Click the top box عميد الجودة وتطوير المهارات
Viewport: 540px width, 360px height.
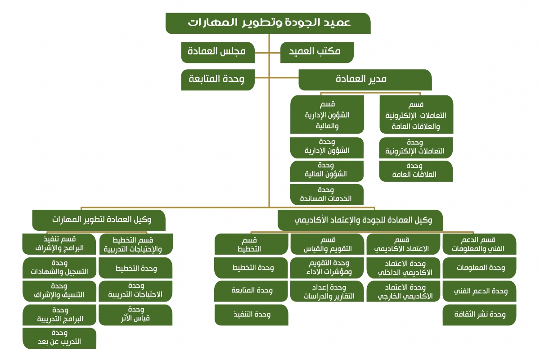click(x=268, y=23)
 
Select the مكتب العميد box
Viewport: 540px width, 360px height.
click(x=317, y=52)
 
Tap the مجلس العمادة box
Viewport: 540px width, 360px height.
click(x=218, y=52)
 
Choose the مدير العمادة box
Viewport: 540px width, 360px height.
click(x=365, y=80)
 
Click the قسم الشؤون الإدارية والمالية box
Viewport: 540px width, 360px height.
click(x=327, y=114)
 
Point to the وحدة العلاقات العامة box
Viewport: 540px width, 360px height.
click(x=416, y=171)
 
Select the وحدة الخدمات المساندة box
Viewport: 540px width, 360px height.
click(x=327, y=194)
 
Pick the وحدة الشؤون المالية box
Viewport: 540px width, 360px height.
click(x=327, y=171)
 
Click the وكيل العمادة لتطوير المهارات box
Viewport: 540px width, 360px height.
click(x=99, y=220)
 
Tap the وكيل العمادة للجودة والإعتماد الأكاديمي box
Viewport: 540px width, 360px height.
click(x=360, y=220)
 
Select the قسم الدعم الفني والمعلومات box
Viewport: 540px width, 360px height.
click(x=480, y=244)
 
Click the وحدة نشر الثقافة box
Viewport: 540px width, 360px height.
click(x=480, y=315)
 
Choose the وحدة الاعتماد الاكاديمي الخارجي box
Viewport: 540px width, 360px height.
click(x=403, y=291)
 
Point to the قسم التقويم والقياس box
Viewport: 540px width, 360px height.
click(x=327, y=244)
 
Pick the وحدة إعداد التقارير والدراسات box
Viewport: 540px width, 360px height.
click(x=327, y=291)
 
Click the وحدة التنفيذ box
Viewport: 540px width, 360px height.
click(x=251, y=315)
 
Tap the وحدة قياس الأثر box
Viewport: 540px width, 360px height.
click(x=135, y=315)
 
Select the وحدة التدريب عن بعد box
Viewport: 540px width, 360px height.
click(x=59, y=338)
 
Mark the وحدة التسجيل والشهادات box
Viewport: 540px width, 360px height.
click(x=59, y=268)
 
